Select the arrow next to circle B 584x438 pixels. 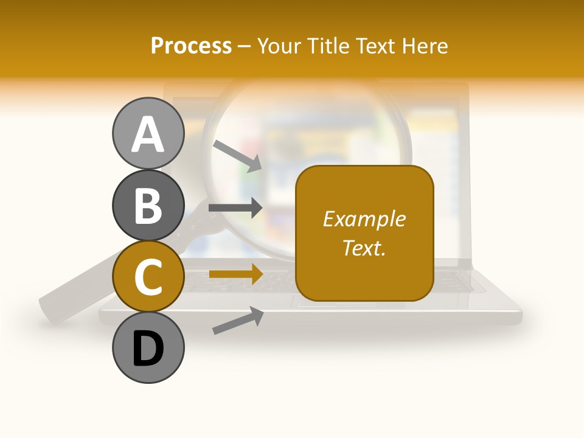tap(235, 208)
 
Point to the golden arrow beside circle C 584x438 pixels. tap(235, 274)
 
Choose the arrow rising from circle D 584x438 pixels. tap(237, 321)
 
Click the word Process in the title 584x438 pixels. tap(191, 46)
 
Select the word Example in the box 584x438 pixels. tap(364, 219)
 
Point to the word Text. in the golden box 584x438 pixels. tap(364, 248)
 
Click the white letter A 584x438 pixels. tap(148, 134)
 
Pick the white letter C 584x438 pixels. tap(148, 277)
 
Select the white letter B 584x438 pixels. tap(148, 206)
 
